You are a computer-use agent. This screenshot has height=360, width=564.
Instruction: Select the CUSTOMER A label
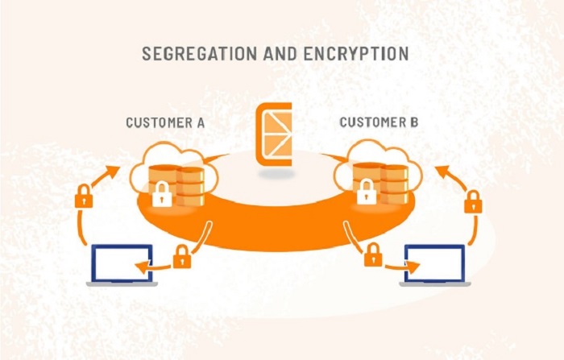165,122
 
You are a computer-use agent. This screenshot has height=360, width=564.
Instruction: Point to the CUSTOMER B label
379,122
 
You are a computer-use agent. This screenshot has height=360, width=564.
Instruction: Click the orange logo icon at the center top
276,134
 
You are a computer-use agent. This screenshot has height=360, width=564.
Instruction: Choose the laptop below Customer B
436,265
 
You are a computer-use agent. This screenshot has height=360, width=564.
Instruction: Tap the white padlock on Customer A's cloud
162,194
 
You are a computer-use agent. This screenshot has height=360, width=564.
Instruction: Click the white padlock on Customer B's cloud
367,192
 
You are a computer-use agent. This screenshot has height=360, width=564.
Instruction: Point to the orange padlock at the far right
473,201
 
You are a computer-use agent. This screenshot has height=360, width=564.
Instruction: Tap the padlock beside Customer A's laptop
182,257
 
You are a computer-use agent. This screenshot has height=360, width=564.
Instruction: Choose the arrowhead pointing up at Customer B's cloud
439,170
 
